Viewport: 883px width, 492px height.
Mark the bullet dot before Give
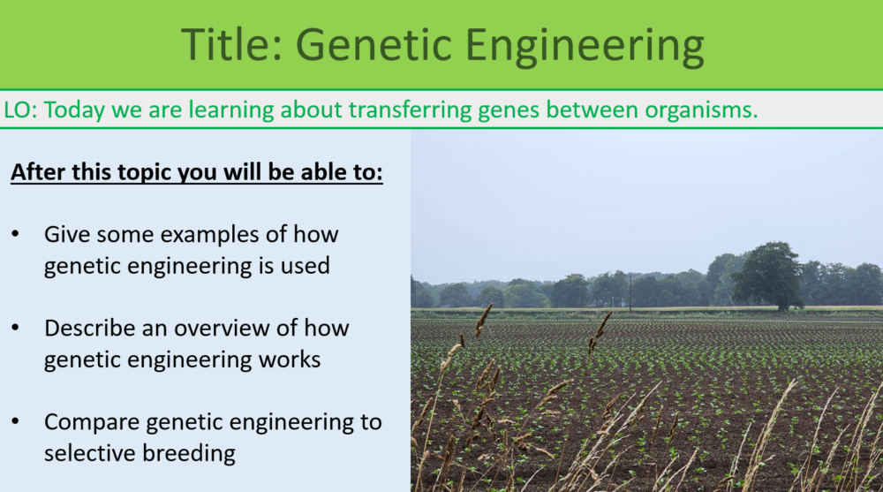pos(16,235)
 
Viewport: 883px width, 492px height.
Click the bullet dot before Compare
pos(16,421)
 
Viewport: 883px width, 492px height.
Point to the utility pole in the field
pos(630,292)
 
